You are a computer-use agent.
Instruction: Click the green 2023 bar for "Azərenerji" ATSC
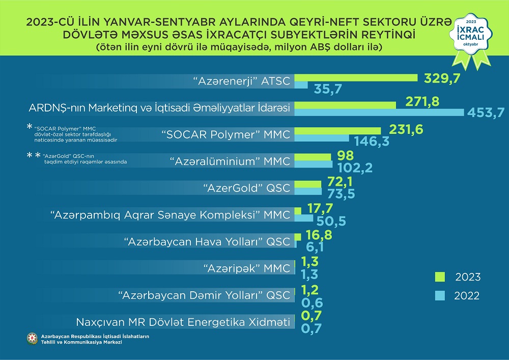click(356, 77)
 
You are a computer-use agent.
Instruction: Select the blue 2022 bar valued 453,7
click(379, 112)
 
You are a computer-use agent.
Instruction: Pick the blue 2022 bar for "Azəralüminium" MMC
click(314, 165)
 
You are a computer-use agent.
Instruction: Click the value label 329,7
click(439, 77)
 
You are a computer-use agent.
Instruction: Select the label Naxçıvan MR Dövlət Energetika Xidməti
click(183, 322)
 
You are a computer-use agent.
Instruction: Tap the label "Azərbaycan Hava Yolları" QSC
click(207, 241)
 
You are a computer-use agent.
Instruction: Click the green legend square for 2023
click(440, 276)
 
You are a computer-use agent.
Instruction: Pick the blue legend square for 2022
click(440, 295)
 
